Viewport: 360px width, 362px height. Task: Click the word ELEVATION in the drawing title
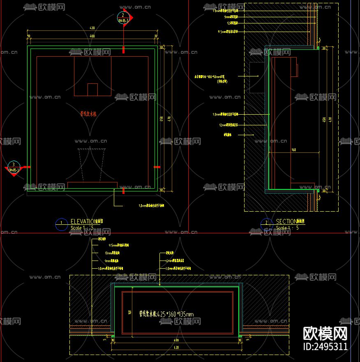coord(82,221)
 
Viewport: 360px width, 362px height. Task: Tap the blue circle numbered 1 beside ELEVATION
coord(61,224)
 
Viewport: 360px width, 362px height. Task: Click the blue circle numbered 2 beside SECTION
coord(266,224)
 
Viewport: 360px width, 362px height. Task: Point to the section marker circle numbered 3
coord(14,166)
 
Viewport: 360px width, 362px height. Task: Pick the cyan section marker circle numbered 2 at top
coord(123,17)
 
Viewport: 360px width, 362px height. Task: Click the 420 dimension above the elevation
coord(92,28)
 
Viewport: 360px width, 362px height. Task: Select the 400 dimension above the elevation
coord(92,37)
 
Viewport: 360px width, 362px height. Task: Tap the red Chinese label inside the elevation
coord(88,114)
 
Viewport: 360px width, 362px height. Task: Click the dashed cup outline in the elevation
coord(92,164)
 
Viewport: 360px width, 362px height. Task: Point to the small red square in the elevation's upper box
coord(93,90)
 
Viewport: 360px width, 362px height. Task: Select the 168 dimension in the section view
coord(293,150)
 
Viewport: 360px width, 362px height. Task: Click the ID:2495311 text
coord(325,346)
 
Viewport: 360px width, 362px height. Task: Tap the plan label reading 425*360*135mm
coord(166,314)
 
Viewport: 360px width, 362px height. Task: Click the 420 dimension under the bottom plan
coord(176,348)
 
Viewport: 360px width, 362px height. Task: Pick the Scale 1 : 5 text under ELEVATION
coord(82,228)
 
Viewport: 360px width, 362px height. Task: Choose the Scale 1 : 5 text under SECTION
coord(287,228)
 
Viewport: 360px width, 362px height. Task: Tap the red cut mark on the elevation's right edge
coord(157,167)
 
